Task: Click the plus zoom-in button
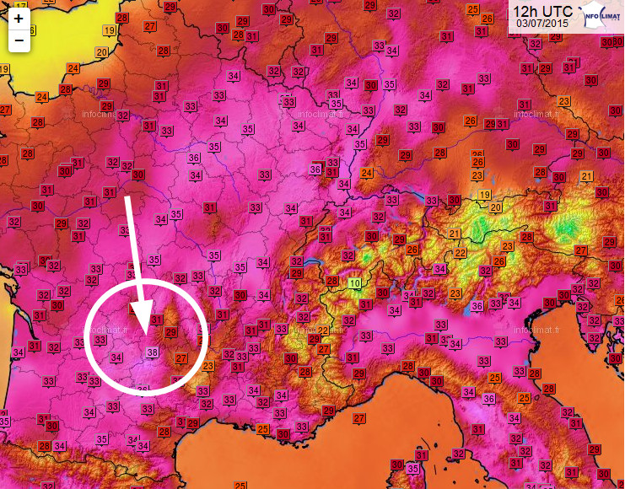click(x=19, y=18)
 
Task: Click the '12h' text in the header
click(x=529, y=11)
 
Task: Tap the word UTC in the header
click(x=559, y=11)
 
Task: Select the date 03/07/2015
click(x=542, y=24)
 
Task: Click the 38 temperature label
click(x=152, y=352)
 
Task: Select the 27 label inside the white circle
click(x=180, y=358)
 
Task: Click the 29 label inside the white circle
click(x=171, y=333)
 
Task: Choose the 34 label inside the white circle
click(x=117, y=357)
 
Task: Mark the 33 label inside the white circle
click(x=100, y=340)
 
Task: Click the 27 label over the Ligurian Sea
click(x=359, y=418)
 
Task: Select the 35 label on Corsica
click(x=412, y=468)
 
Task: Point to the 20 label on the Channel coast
click(x=102, y=52)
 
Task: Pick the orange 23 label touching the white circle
click(x=207, y=366)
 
